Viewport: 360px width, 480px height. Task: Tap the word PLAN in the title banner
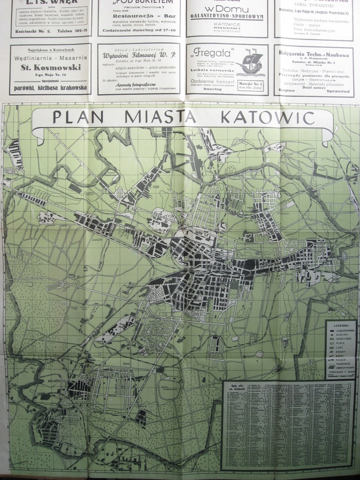click(x=78, y=117)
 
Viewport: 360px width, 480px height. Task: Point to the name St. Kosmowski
click(x=51, y=67)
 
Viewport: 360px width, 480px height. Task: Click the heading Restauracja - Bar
click(x=138, y=15)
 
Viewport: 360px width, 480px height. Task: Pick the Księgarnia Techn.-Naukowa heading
click(x=314, y=53)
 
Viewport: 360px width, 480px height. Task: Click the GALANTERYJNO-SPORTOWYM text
click(x=227, y=16)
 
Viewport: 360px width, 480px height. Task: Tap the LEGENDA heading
click(x=341, y=325)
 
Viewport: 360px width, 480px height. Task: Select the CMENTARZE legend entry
click(x=344, y=339)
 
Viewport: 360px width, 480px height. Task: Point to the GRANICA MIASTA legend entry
click(x=344, y=367)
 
